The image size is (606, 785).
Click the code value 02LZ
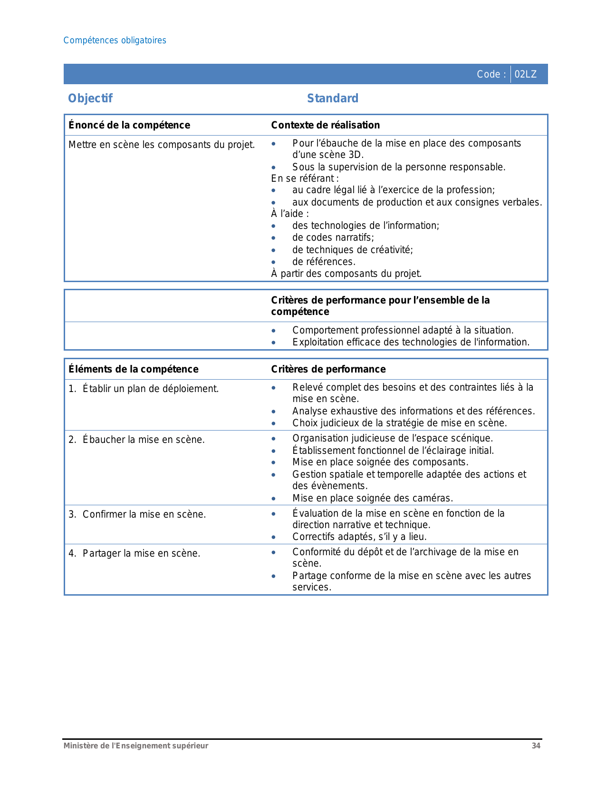click(525, 74)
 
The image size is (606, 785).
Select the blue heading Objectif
click(90, 98)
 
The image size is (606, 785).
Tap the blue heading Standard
click(333, 98)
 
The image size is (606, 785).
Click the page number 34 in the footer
click(536, 746)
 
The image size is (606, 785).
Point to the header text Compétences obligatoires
click(115, 40)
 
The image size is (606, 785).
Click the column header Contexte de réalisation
click(325, 125)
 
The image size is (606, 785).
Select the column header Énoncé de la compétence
click(129, 125)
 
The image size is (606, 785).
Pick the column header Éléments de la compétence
click(133, 369)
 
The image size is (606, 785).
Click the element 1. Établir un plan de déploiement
click(144, 389)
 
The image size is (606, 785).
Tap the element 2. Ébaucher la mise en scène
click(136, 440)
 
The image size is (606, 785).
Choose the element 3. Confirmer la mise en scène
click(137, 514)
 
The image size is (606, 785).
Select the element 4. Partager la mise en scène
click(135, 553)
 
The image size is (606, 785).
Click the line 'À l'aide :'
click(290, 214)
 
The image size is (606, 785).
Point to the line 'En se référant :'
click(305, 178)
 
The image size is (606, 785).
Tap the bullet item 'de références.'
click(324, 262)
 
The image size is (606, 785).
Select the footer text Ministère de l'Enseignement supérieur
click(136, 746)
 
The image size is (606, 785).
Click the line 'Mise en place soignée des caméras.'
click(373, 498)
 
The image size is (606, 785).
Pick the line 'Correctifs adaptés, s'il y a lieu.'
click(359, 537)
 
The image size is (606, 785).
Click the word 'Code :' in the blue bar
click(491, 74)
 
